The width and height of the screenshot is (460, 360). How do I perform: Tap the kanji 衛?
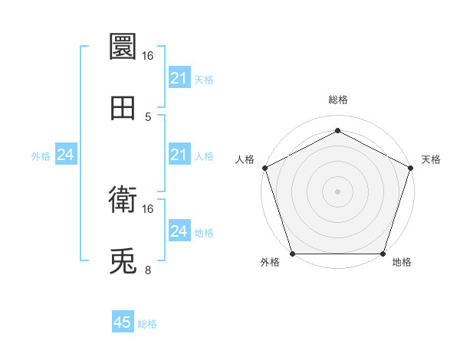[x=123, y=201]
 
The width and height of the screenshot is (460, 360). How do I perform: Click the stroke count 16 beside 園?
[x=148, y=56]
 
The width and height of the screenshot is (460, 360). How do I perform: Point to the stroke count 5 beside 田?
[x=148, y=117]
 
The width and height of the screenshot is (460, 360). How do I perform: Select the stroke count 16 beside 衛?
[x=148, y=208]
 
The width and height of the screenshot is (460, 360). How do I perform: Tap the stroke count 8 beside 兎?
[x=148, y=270]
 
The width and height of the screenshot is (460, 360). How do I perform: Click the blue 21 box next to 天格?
[x=179, y=78]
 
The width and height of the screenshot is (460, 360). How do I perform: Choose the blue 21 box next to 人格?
[x=179, y=155]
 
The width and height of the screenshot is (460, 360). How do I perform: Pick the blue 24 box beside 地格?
[x=179, y=231]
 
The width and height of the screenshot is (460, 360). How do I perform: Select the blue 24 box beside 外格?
[x=66, y=155]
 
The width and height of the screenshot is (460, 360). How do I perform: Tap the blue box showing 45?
[x=122, y=322]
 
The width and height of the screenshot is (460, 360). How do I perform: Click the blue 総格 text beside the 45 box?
[x=147, y=324]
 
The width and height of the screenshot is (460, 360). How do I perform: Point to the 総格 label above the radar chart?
[x=337, y=100]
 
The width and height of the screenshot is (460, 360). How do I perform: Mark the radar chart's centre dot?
[x=337, y=191]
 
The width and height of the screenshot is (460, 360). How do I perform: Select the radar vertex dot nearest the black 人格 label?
[x=264, y=167]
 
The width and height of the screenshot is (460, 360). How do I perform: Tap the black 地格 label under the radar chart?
[x=402, y=263]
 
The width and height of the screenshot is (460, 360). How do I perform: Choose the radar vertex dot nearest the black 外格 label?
[x=292, y=254]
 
